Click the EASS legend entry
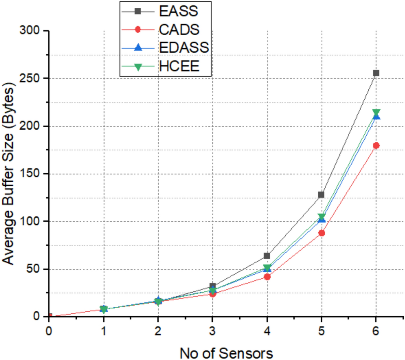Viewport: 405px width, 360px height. tap(178, 11)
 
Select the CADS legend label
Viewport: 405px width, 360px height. tap(179, 30)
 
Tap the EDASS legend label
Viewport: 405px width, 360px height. tap(184, 47)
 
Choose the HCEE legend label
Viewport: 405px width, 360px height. tap(179, 66)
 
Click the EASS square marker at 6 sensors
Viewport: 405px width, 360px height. tap(376, 73)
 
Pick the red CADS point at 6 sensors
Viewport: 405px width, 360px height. tap(376, 145)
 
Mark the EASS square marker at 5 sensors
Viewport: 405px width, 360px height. tap(321, 194)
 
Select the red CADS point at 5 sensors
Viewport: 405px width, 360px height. tap(321, 233)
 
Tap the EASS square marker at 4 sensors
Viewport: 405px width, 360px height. tap(267, 256)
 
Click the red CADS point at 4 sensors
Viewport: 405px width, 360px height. tap(267, 277)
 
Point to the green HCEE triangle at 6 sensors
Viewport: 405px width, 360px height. tap(376, 112)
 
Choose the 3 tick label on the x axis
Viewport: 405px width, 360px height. tap(212, 331)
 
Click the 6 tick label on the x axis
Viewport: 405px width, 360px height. tap(376, 331)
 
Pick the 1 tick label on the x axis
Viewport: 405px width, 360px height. tap(104, 331)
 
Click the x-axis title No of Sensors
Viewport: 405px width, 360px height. tap(226, 353)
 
